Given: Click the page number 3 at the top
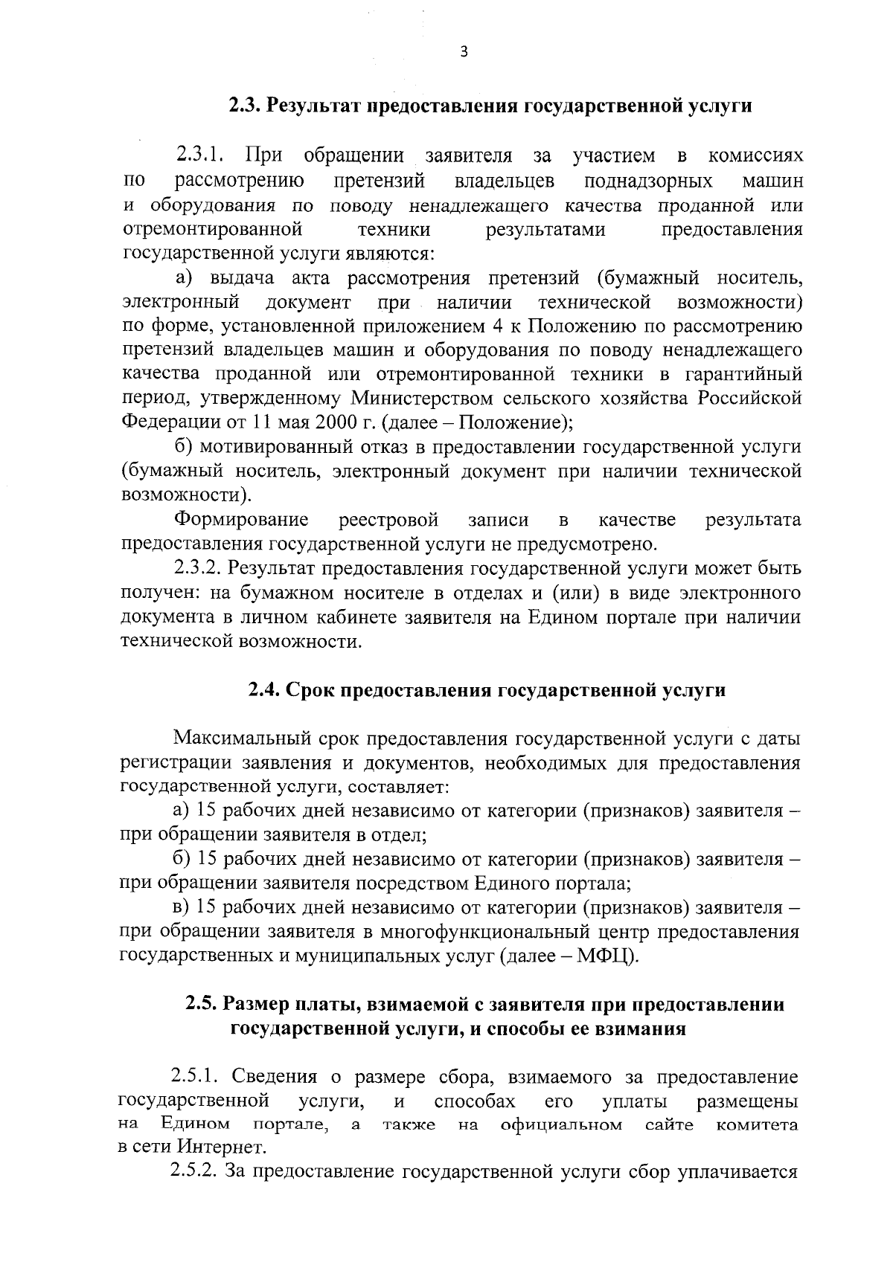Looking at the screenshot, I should tap(464, 51).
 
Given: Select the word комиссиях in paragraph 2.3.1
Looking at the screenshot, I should tap(755, 156).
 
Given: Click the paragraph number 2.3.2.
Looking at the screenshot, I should tap(199, 569).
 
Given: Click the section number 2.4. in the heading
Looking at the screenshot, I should tap(264, 691).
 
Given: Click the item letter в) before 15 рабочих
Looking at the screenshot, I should tap(182, 908).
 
